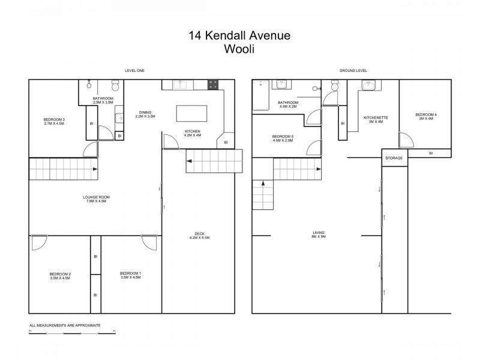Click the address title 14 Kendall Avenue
point(239,36)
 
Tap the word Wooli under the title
point(239,51)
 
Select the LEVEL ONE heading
point(134,71)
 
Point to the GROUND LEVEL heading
point(353,71)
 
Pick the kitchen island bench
point(191,113)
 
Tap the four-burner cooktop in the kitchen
point(213,85)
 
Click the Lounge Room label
point(96,199)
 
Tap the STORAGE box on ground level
point(394,158)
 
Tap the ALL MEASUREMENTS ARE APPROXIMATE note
point(65,325)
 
